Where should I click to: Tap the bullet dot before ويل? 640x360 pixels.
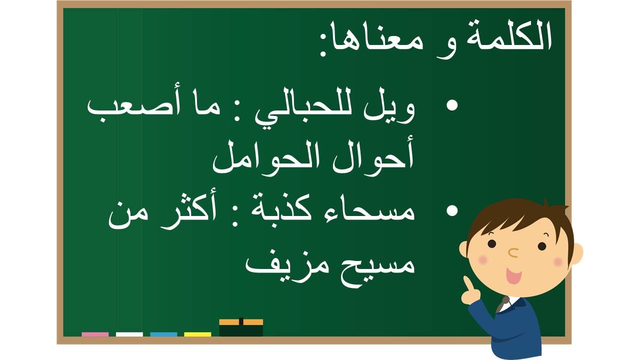[452, 105]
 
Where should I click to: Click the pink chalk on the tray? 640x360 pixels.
[95, 334]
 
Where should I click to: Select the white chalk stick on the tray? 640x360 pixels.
[129, 334]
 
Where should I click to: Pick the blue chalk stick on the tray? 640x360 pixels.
[163, 334]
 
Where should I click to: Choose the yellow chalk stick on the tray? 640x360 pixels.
[197, 334]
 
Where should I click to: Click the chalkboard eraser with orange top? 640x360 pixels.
[241, 327]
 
